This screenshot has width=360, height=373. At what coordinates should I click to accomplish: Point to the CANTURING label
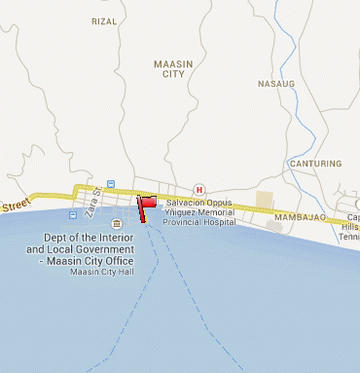(x=315, y=164)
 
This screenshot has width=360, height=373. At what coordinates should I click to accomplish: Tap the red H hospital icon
(x=199, y=189)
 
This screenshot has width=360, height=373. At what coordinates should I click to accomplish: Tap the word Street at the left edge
(x=16, y=205)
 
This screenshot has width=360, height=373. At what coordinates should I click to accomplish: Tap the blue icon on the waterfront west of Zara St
(x=73, y=212)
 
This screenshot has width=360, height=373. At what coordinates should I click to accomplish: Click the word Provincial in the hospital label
(x=187, y=222)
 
